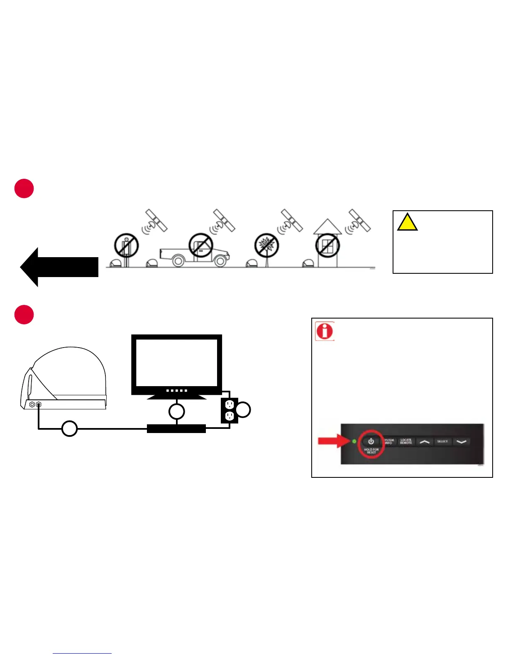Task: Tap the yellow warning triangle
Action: click(407, 223)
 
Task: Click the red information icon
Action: click(325, 331)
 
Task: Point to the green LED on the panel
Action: click(354, 441)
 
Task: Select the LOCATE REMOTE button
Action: click(405, 441)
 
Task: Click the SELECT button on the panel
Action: click(442, 441)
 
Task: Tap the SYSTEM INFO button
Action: click(388, 441)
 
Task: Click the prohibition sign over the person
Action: click(126, 245)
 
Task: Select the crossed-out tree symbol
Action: click(266, 245)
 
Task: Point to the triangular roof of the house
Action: click(327, 227)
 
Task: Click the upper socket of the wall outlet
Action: click(230, 404)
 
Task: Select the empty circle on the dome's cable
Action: click(69, 428)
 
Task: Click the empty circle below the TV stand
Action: click(176, 411)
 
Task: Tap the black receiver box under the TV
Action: click(176, 428)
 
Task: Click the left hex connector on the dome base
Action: click(32, 404)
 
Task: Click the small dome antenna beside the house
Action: click(308, 264)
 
